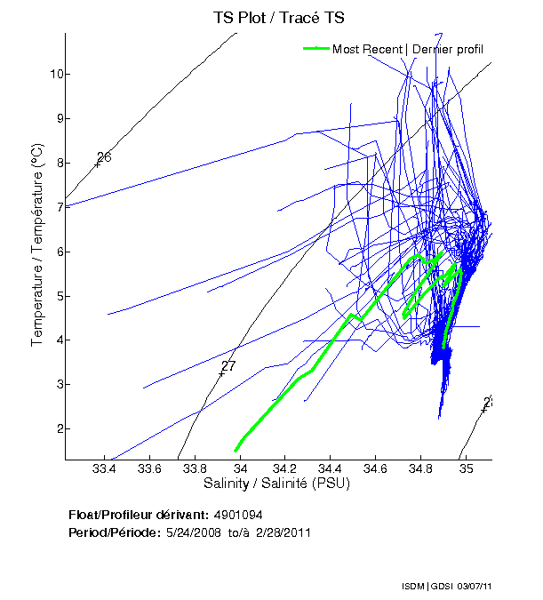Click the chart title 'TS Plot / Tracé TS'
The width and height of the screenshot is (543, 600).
278,17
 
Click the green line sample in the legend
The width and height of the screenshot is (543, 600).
316,49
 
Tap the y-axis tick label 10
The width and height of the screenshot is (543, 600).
53,74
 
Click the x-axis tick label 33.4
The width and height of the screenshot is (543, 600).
105,468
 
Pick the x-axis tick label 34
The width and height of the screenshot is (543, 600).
240,468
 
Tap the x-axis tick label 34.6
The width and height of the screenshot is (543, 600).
374,468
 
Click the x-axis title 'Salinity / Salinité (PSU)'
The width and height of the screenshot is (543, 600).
278,484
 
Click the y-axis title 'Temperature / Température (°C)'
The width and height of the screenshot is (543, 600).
37,246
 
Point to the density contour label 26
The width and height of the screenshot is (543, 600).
104,157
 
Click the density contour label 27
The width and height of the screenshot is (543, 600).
228,366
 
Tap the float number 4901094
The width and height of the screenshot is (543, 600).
237,516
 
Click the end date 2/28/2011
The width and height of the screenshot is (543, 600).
283,532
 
